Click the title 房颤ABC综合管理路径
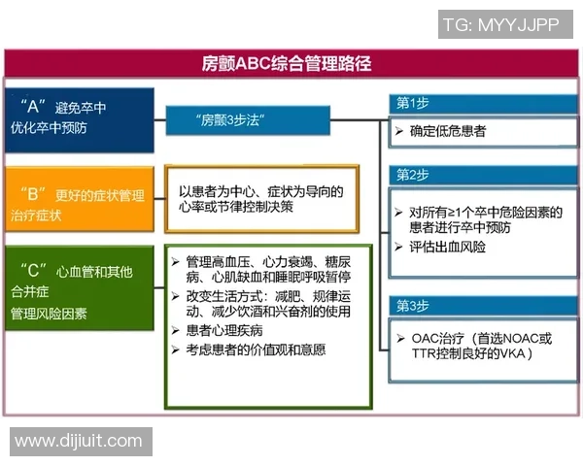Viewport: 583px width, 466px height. tap(292, 65)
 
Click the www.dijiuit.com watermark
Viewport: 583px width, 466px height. tap(79, 442)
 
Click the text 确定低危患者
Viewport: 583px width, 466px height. tap(447, 130)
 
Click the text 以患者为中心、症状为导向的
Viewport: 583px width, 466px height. tap(260, 191)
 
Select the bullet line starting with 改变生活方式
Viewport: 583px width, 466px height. tap(262, 295)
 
